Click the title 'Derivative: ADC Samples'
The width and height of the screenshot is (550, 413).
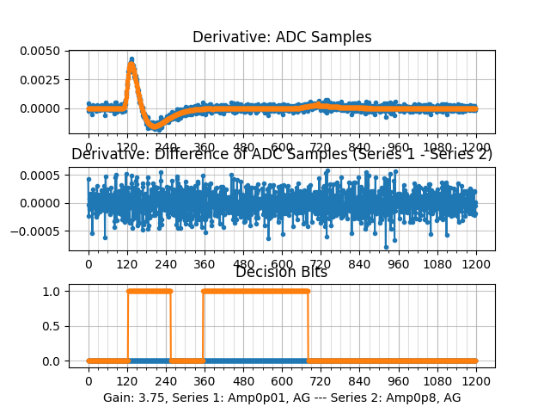point(282,37)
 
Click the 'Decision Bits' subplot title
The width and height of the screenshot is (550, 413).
point(281,273)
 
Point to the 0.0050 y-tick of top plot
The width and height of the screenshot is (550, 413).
point(43,51)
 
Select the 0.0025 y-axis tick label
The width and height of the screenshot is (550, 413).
point(43,79)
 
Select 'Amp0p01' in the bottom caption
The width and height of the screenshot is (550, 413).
point(260,398)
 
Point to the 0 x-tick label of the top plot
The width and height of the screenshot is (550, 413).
point(88,147)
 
